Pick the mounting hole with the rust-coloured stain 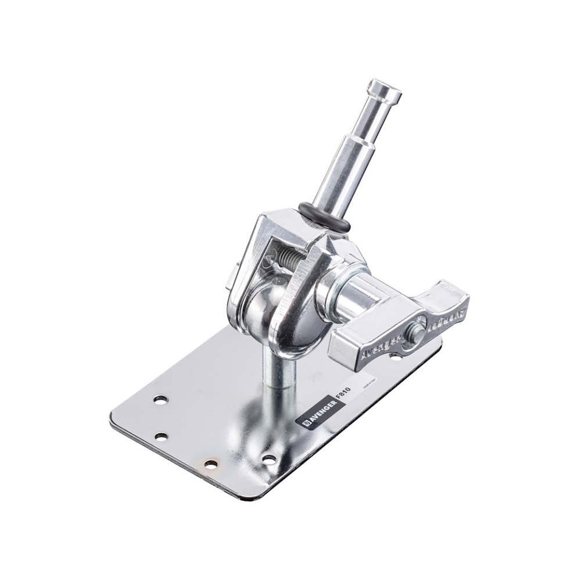click(x=210, y=465)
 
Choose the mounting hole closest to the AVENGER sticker click(x=268, y=459)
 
